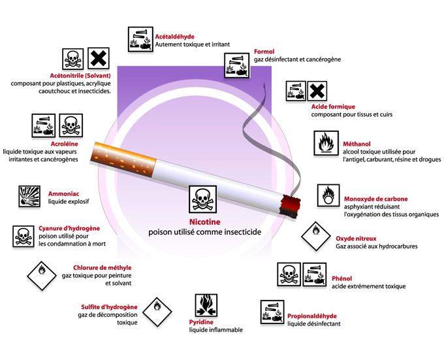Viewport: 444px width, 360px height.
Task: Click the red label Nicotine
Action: [205, 221]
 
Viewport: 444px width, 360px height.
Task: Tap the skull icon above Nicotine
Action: [203, 199]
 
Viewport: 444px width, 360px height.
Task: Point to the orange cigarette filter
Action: [123, 159]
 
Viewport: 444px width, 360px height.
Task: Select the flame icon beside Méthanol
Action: [326, 143]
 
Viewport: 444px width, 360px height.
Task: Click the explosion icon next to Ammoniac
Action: [29, 196]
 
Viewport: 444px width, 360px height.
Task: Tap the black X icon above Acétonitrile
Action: [98, 58]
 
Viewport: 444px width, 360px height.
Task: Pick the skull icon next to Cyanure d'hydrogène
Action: [24, 237]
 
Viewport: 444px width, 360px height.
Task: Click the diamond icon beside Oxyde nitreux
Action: [316, 237]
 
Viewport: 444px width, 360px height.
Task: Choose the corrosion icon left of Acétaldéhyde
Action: [140, 39]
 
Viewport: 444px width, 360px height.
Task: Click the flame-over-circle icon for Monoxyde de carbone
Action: [328, 195]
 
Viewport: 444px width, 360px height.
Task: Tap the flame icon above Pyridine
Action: [206, 305]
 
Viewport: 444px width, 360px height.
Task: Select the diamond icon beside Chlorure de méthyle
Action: [42, 276]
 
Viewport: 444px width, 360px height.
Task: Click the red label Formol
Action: [264, 52]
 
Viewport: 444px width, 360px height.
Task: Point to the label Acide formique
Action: [333, 106]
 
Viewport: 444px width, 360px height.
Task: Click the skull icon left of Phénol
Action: [289, 274]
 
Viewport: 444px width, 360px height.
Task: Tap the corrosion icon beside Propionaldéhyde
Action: [272, 312]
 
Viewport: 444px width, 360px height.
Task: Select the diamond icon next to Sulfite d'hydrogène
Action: [157, 312]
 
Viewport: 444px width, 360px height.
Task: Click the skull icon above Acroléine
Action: [71, 125]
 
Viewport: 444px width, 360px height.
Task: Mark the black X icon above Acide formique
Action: [317, 91]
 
